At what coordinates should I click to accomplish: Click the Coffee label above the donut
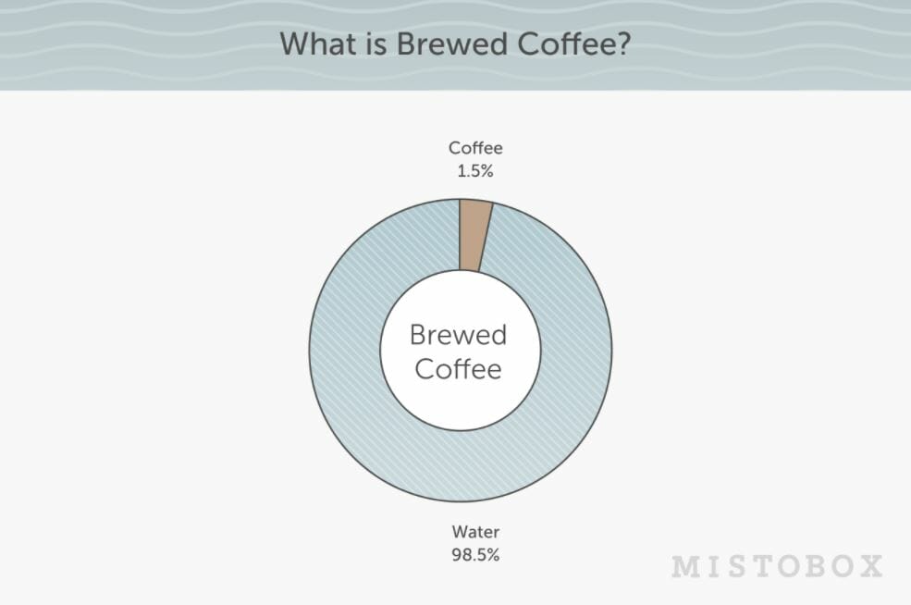(x=475, y=148)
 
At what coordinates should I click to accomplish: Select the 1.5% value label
(x=475, y=171)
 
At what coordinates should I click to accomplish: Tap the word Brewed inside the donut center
(x=459, y=335)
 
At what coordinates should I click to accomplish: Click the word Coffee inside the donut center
(x=459, y=369)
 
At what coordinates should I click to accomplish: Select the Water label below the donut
(x=475, y=531)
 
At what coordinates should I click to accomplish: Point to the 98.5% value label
(x=475, y=554)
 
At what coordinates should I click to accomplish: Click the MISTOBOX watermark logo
(x=778, y=566)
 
